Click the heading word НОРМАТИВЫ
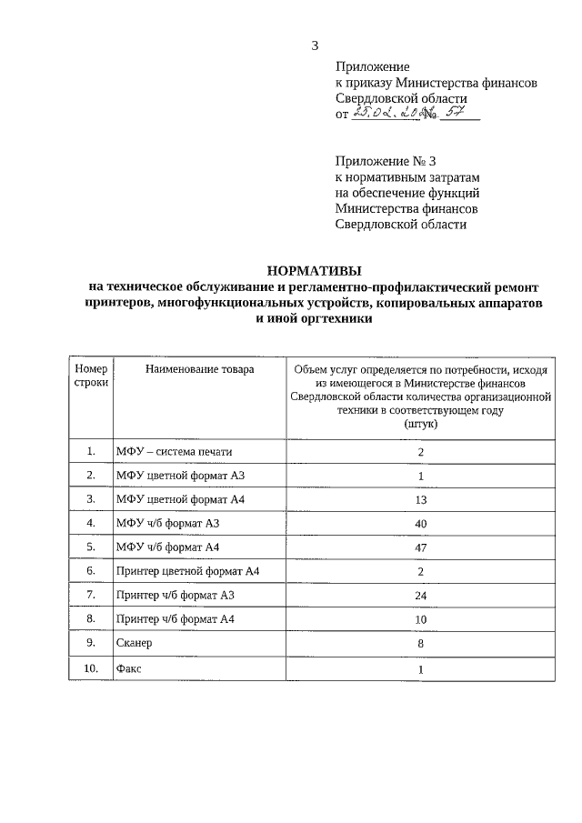click(314, 270)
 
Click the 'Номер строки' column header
click(91, 376)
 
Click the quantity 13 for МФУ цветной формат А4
click(421, 499)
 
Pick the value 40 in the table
click(421, 523)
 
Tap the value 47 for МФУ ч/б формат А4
click(421, 547)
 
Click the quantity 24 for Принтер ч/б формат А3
click(421, 596)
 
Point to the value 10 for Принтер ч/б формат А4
click(421, 619)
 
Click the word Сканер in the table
click(135, 643)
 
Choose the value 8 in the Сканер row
click(421, 643)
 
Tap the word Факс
click(129, 668)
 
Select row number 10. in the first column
click(91, 668)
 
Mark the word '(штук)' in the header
click(421, 424)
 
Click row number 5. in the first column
click(91, 547)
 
